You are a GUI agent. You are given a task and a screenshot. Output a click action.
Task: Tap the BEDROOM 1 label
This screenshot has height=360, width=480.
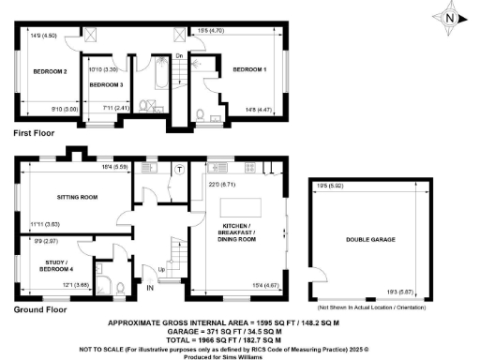tap(249, 69)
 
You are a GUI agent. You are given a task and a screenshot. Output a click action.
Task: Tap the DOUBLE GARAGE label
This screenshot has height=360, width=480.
tap(368, 240)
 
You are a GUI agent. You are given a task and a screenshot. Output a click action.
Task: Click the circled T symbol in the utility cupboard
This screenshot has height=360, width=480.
tap(178, 170)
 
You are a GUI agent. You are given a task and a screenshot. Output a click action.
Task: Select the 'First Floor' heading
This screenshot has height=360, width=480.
tap(36, 135)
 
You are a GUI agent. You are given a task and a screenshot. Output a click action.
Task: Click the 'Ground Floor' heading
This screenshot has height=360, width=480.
tap(40, 308)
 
